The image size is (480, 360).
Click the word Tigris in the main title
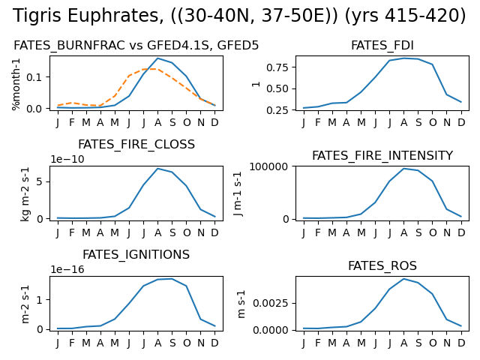tap(37, 16)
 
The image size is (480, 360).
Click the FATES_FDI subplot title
tap(382, 46)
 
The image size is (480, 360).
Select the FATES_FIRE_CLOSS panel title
tap(136, 145)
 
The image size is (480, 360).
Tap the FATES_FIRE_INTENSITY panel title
tap(382, 155)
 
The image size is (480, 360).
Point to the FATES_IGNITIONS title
tap(136, 255)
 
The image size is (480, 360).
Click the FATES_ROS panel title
tap(382, 265)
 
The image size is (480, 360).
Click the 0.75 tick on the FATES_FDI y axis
tap(277, 67)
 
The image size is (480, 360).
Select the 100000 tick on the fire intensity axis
tap(269, 166)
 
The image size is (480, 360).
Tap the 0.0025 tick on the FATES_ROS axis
tap(271, 303)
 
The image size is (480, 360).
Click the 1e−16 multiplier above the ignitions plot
tap(67, 269)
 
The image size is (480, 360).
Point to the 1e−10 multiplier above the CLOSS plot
tap(67, 159)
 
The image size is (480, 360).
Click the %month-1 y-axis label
tap(16, 84)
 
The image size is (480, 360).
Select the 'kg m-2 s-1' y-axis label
tap(25, 194)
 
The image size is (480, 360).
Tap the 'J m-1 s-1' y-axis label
tap(238, 193)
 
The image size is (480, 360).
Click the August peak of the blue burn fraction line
tap(157, 58)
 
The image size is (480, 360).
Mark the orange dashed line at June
tap(129, 76)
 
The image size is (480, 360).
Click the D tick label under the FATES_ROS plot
tap(461, 343)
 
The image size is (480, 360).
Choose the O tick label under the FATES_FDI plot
tap(433, 123)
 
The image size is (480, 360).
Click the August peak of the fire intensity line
tap(403, 168)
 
